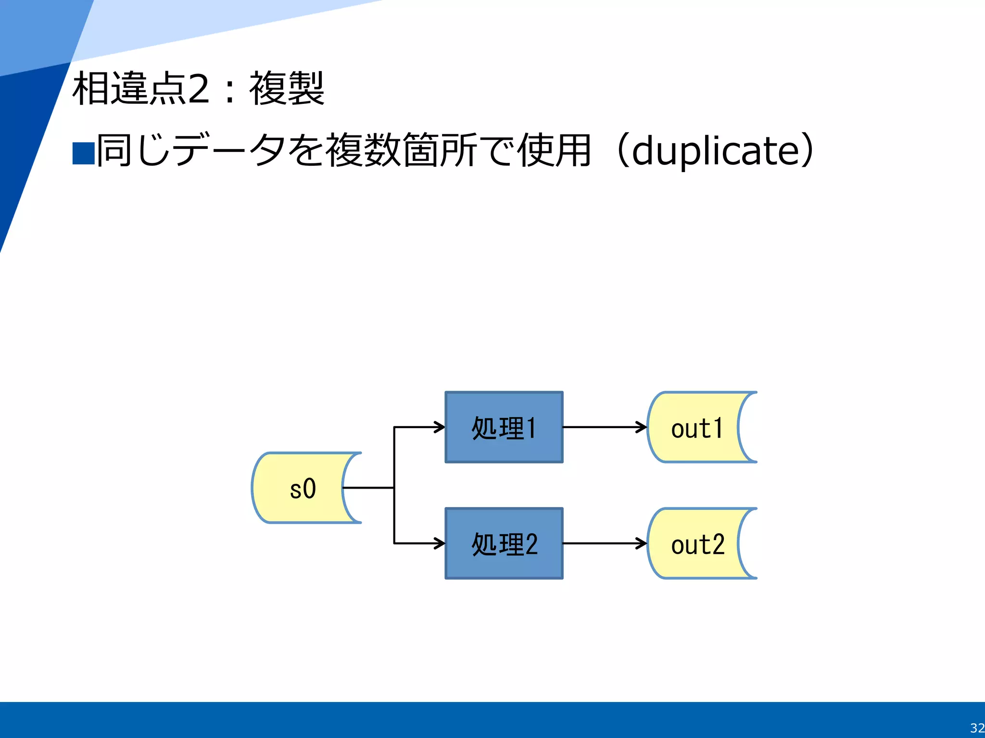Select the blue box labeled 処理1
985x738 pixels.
tap(504, 427)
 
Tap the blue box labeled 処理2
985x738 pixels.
tap(504, 543)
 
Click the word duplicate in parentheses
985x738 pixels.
tap(715, 151)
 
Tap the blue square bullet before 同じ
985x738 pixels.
tap(83, 154)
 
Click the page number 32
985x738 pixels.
tap(977, 728)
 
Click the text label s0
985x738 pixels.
tap(303, 489)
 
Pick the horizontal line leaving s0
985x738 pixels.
tap(368, 488)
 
